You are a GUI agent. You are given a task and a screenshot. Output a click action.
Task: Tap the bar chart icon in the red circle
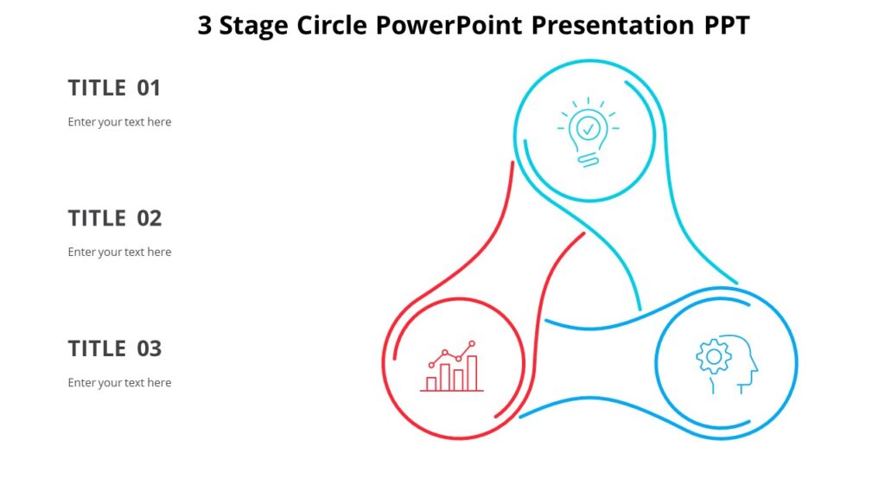pyautogui.click(x=452, y=367)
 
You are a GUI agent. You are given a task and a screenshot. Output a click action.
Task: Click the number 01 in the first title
pyautogui.click(x=149, y=88)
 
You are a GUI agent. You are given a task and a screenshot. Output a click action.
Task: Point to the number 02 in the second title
pyautogui.click(x=150, y=219)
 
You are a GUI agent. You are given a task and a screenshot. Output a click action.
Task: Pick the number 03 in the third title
pyautogui.click(x=150, y=349)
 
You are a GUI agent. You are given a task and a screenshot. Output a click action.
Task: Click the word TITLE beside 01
pyautogui.click(x=97, y=88)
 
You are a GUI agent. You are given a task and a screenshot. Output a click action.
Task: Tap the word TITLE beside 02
pyautogui.click(x=97, y=219)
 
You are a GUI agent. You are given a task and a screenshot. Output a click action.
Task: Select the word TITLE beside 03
pyautogui.click(x=97, y=349)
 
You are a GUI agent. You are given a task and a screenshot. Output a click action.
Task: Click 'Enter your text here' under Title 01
pyautogui.click(x=119, y=122)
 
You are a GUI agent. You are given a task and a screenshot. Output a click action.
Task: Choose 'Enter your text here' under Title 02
pyautogui.click(x=119, y=252)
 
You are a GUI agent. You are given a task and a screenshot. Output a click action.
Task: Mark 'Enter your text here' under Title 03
pyautogui.click(x=119, y=383)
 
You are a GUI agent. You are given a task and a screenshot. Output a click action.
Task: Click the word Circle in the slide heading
pyautogui.click(x=333, y=26)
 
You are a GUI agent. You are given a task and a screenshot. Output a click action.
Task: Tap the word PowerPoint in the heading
pyautogui.click(x=449, y=26)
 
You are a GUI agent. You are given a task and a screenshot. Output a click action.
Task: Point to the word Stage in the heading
pyautogui.click(x=255, y=27)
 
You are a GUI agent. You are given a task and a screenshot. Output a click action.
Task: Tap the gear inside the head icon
pyautogui.click(x=714, y=356)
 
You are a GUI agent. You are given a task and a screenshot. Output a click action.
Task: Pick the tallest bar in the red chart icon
pyautogui.click(x=472, y=373)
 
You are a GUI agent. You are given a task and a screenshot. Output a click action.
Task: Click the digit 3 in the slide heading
pyautogui.click(x=204, y=26)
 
